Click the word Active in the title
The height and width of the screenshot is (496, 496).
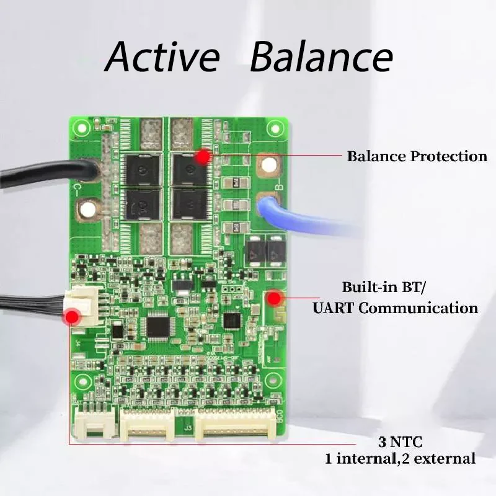162,57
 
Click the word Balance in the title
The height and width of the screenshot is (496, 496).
321,57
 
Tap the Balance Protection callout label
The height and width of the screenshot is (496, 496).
417,156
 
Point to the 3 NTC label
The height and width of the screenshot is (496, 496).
400,443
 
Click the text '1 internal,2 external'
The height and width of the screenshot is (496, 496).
401,459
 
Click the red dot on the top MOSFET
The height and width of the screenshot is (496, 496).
202,157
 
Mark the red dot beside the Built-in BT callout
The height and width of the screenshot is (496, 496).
273,299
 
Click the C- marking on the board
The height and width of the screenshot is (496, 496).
80,187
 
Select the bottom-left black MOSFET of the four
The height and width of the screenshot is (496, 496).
143,204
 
